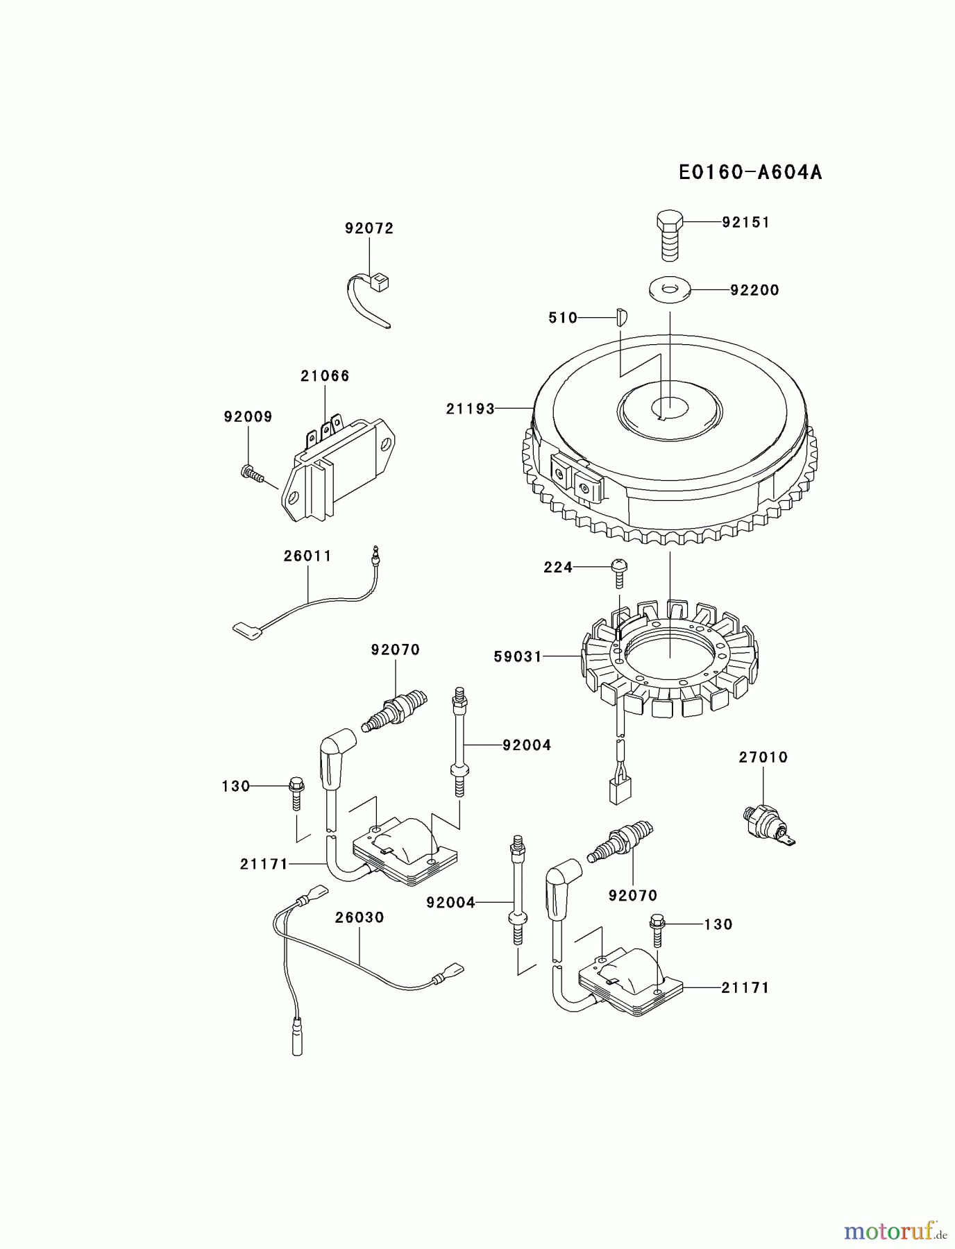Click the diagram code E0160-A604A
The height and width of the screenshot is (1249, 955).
pos(750,172)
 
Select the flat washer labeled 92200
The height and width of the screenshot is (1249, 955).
pos(670,289)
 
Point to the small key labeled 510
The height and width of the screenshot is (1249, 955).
pos(621,317)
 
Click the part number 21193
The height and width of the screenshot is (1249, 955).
pos(471,409)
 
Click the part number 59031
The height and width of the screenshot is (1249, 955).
pos(518,656)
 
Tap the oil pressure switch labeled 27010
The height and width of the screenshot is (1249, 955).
pos(766,823)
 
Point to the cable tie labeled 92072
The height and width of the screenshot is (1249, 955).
pos(371,298)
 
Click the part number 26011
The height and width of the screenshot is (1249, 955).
pos(307,556)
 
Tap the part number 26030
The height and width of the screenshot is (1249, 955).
pos(360,917)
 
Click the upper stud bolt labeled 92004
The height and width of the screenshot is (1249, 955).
pos(459,742)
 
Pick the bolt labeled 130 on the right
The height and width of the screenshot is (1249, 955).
pos(657,931)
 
